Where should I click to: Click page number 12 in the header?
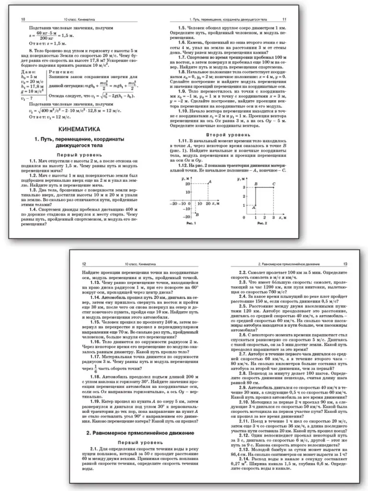pyautogui.click(x=85, y=264)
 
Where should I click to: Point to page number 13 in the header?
pyautogui.click(x=345, y=264)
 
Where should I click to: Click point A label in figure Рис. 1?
pyautogui.click(x=210, y=181)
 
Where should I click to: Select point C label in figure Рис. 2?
pyautogui.click(x=273, y=184)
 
